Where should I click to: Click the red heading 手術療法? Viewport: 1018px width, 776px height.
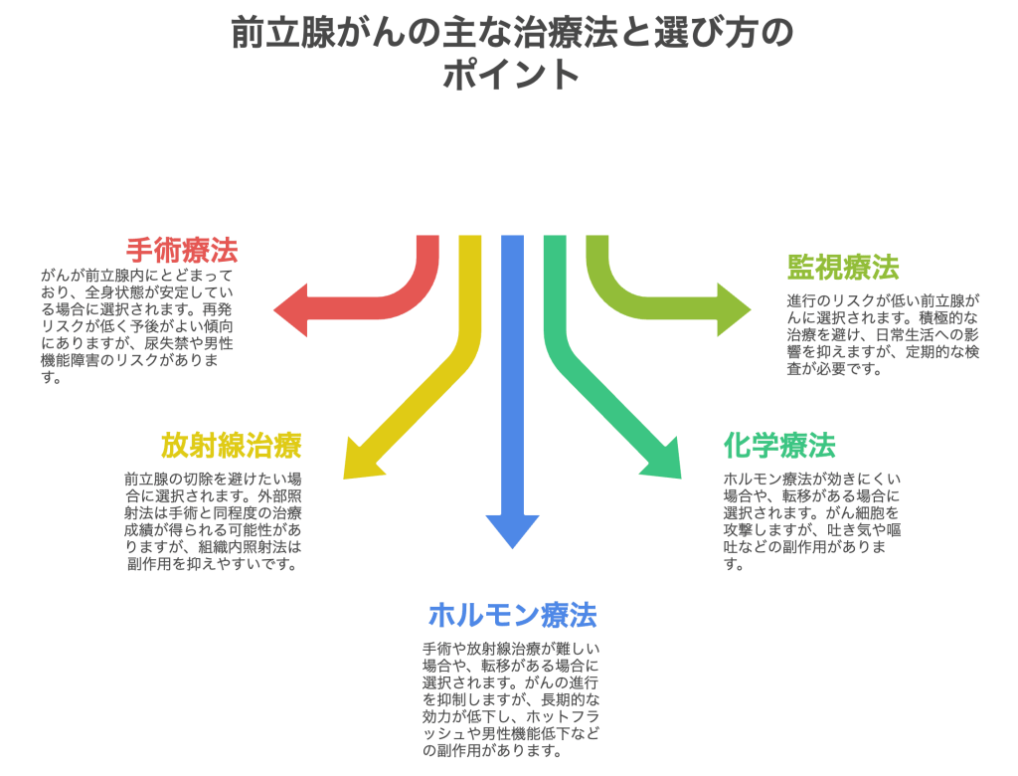point(182,249)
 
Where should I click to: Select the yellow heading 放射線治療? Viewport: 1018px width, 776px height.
point(231,445)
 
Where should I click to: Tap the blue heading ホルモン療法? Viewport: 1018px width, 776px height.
point(512,615)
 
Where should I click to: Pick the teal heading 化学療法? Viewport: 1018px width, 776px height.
point(778,445)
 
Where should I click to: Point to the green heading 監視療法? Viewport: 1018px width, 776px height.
point(843,267)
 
